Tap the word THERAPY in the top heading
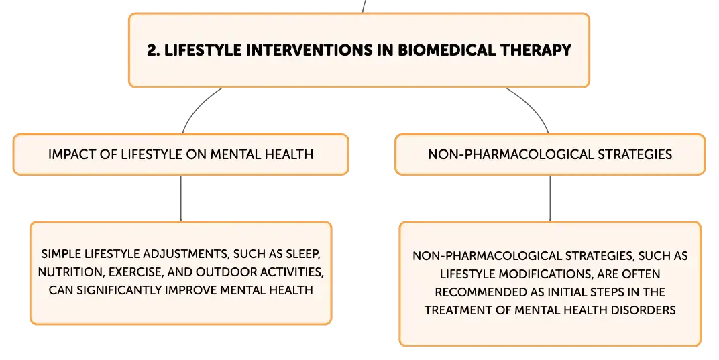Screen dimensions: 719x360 click(536, 50)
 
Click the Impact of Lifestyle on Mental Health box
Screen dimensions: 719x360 click(180, 154)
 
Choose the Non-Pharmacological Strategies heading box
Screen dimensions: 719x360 click(550, 154)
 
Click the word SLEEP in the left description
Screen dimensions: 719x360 click(302, 254)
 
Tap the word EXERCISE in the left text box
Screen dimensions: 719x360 click(135, 272)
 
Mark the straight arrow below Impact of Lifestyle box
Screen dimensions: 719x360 click(180, 198)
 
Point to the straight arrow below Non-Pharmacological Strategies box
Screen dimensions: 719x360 click(550, 198)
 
